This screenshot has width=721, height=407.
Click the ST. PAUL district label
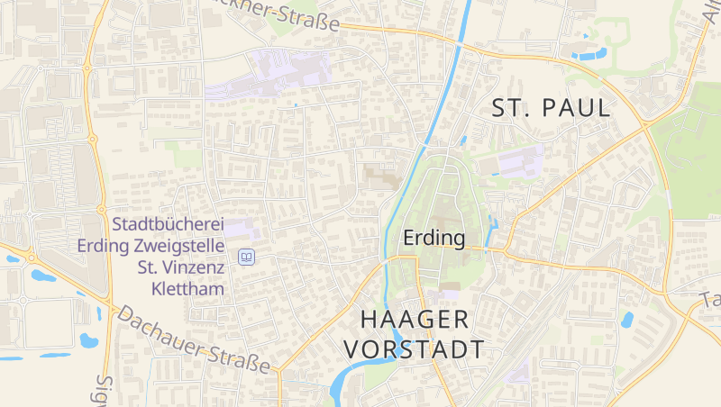point(551,109)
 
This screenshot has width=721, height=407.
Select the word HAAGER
point(415,320)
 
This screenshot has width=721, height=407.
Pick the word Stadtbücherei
point(169,224)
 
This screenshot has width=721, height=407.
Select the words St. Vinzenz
point(179,267)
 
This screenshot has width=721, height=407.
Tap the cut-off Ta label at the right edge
point(710,300)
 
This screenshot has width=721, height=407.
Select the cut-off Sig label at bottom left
point(103,390)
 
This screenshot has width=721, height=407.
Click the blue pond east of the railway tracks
point(625,319)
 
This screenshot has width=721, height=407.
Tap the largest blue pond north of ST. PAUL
point(590,54)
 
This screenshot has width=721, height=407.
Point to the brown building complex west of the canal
point(381,175)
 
